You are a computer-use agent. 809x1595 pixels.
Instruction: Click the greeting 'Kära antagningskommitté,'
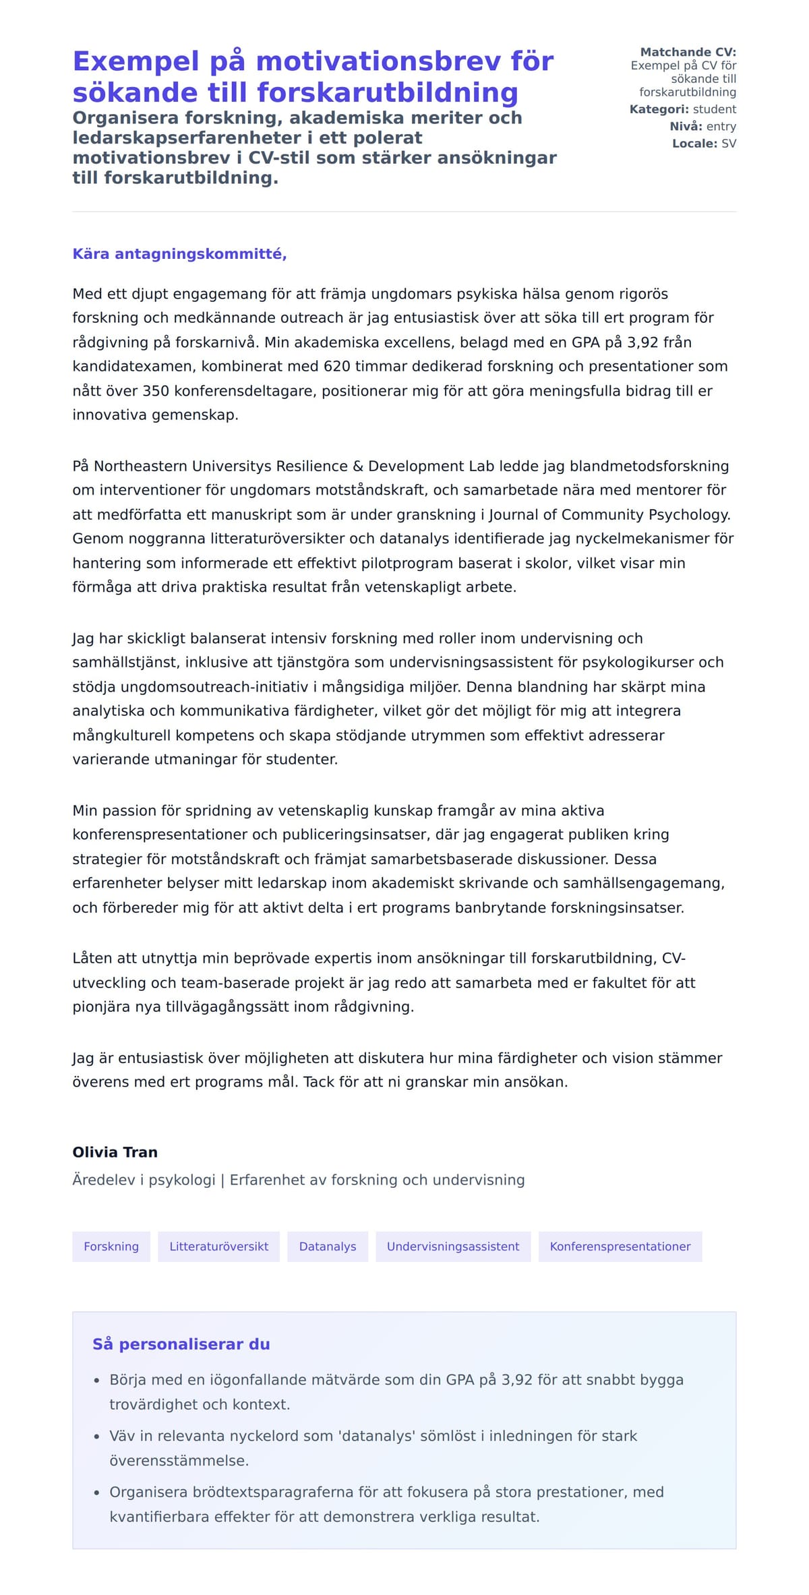[179, 254]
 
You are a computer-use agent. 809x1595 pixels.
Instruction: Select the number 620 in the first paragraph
[337, 367]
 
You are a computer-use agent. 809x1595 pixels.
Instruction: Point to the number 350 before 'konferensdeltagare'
[156, 391]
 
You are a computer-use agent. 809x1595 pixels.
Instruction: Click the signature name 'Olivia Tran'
[115, 1152]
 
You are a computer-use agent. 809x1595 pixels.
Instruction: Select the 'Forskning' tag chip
[111, 1246]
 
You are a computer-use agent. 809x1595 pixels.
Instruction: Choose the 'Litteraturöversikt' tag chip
[218, 1246]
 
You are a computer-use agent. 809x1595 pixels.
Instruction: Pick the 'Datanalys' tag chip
[328, 1246]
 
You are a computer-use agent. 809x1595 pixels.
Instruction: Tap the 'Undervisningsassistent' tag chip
[453, 1246]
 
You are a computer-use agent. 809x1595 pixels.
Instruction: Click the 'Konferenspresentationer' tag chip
[620, 1246]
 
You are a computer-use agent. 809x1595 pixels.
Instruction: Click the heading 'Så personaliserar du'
[181, 1344]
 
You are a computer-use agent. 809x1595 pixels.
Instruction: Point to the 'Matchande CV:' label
[688, 52]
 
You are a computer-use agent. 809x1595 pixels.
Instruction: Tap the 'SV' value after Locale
[729, 144]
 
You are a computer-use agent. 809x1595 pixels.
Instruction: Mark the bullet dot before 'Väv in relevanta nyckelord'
[97, 1437]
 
